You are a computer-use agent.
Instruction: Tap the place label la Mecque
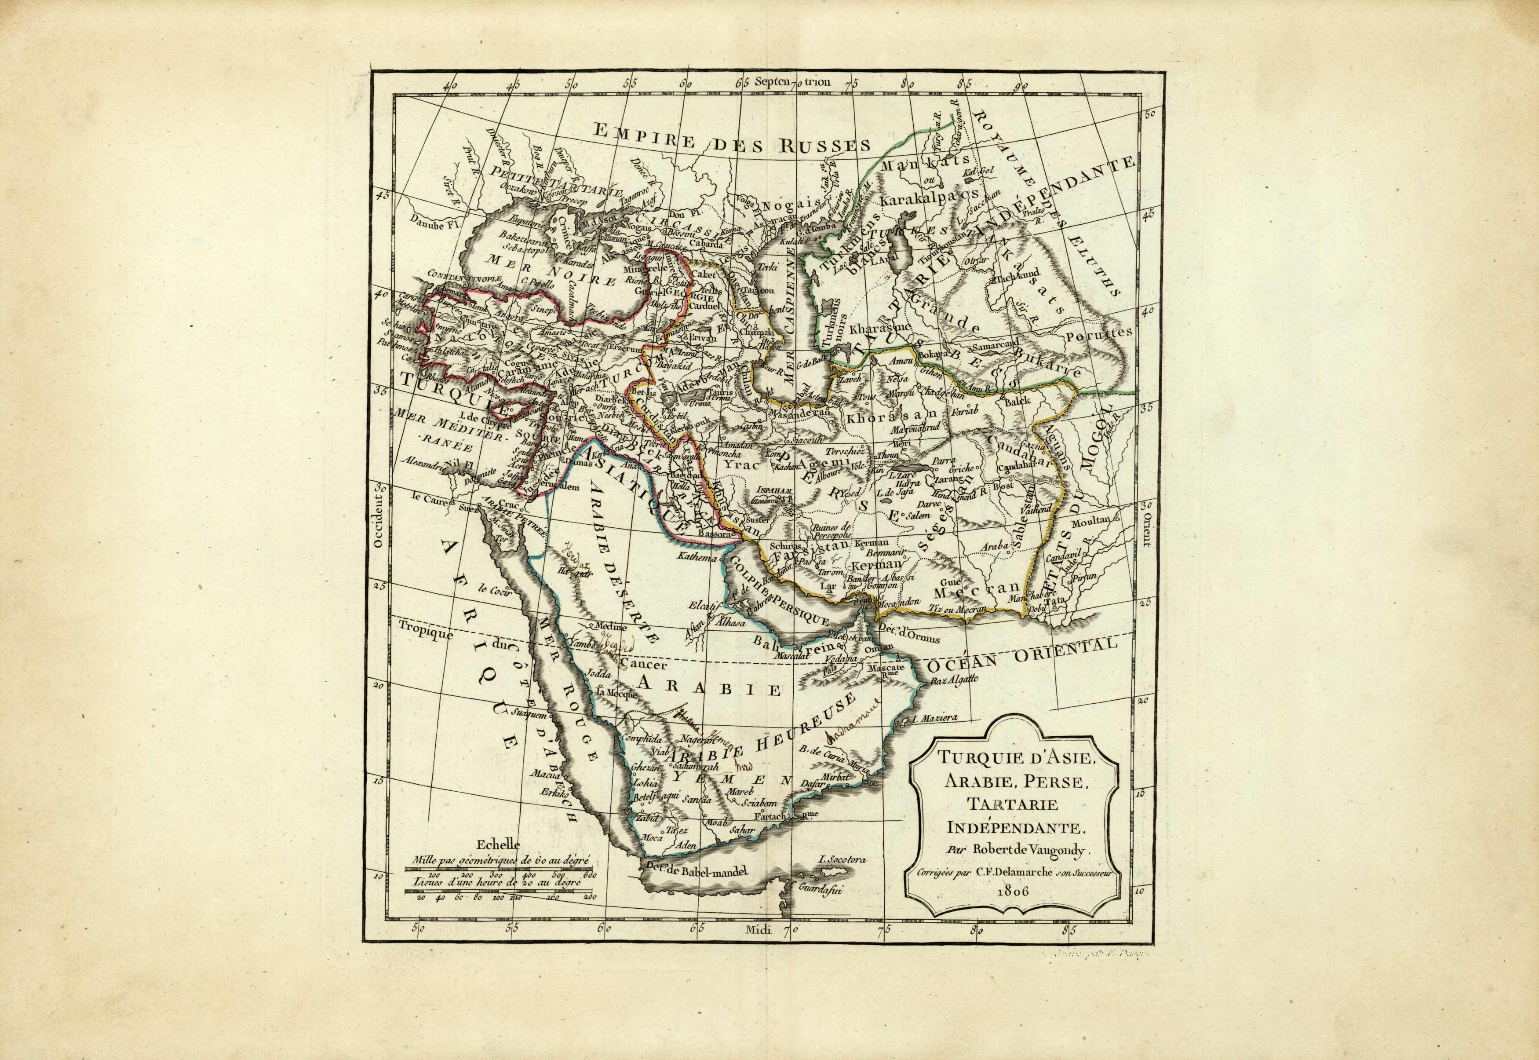[616, 691]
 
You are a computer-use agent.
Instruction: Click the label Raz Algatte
[954, 680]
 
